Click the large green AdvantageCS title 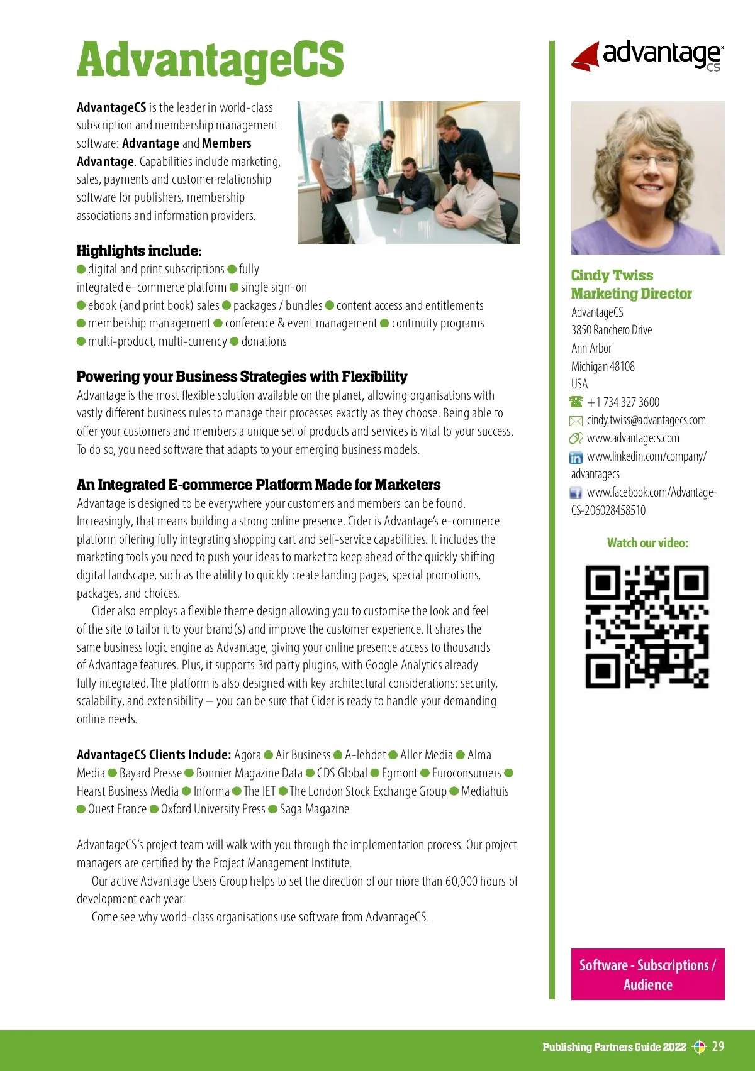[x=210, y=60]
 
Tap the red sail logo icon [x=586, y=57]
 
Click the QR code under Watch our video [x=647, y=627]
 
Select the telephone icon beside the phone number [x=576, y=402]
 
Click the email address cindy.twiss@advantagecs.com [x=646, y=420]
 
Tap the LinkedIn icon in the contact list [x=576, y=457]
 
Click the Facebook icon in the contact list [x=576, y=493]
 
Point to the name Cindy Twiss [x=612, y=275]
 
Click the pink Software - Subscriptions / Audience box [x=647, y=974]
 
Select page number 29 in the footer [x=718, y=1046]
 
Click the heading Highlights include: [x=139, y=251]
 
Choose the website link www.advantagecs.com [x=632, y=438]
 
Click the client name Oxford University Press [x=213, y=809]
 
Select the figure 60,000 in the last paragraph [x=461, y=881]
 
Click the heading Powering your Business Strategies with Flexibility [x=242, y=376]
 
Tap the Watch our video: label [x=647, y=543]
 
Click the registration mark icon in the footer [x=699, y=1047]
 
